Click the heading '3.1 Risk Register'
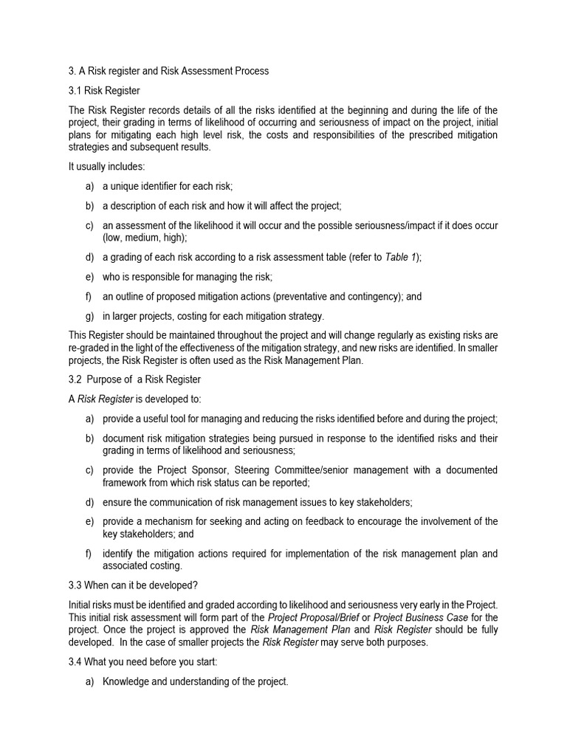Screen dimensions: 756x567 coord(103,91)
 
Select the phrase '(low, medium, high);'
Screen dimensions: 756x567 coord(145,238)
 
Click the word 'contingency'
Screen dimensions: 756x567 coord(372,297)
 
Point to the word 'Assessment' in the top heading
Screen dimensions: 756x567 coord(199,72)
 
